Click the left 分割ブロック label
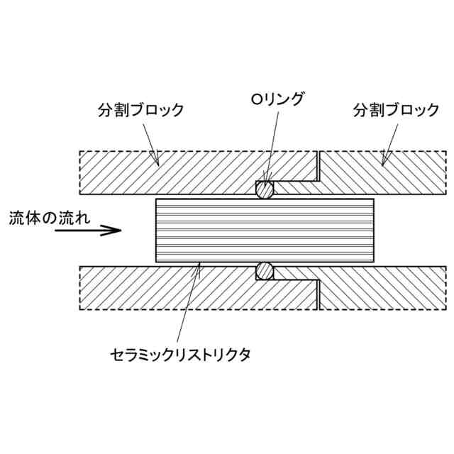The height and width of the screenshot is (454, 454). pyautogui.click(x=140, y=111)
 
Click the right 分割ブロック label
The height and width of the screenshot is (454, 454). pyautogui.click(x=396, y=111)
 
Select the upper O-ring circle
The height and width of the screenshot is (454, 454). pyautogui.click(x=265, y=189)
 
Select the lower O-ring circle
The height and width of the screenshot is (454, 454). pyautogui.click(x=265, y=271)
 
